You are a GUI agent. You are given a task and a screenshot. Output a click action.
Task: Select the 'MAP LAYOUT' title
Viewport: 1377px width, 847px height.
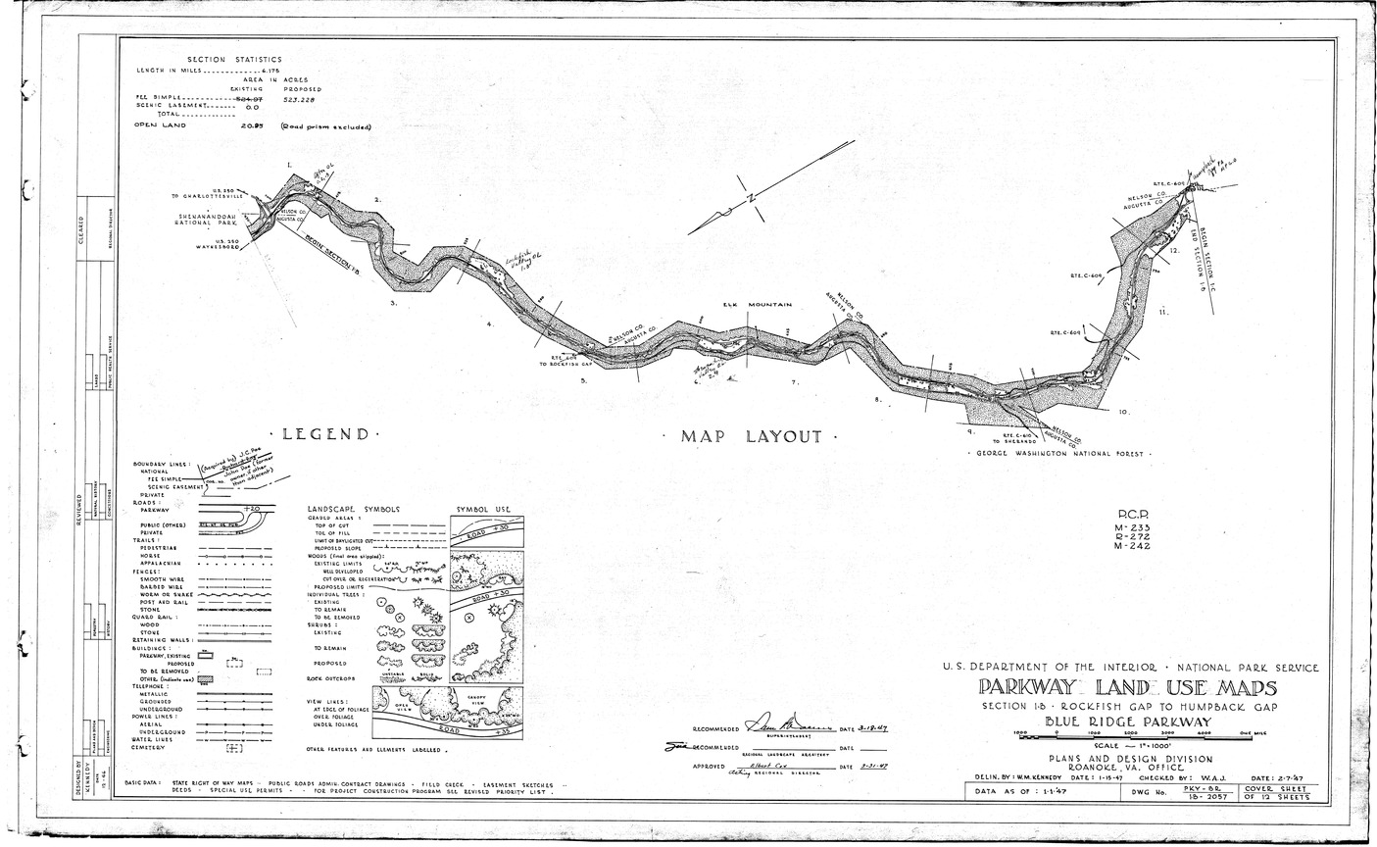752,437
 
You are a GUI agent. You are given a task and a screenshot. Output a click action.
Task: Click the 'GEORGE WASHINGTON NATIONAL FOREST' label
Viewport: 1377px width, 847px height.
1059,455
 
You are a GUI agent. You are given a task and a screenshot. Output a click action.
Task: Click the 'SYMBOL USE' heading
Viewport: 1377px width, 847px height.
485,511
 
